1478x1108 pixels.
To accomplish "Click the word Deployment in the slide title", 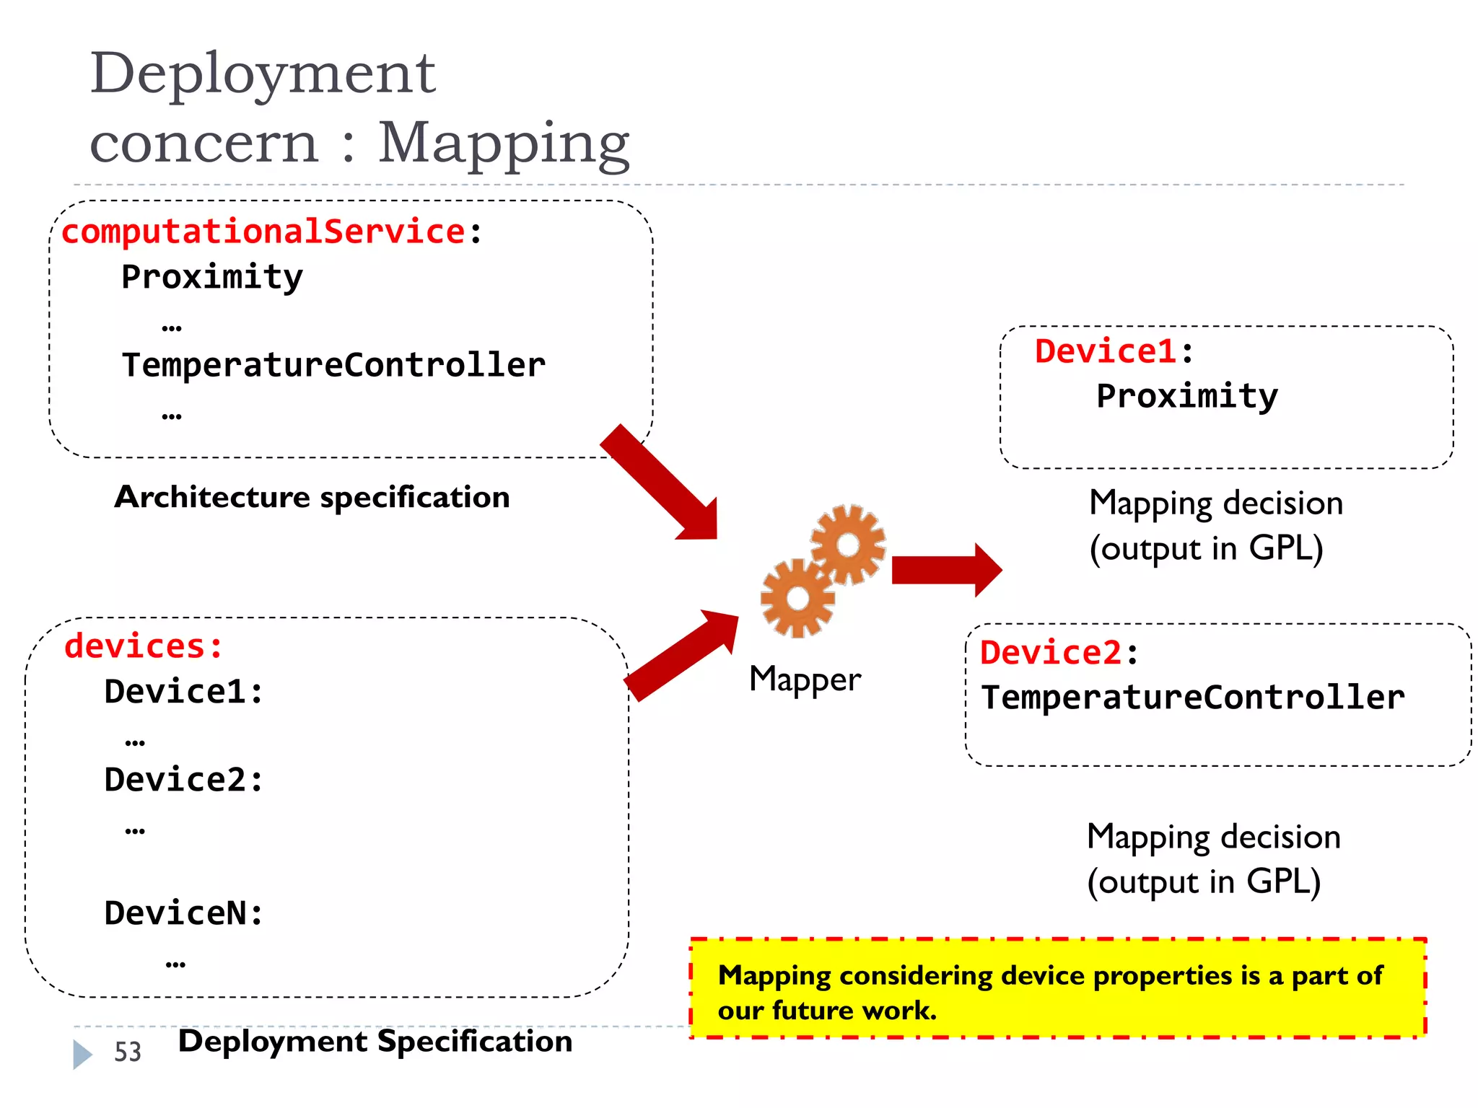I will (263, 75).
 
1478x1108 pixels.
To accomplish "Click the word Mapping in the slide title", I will (504, 143).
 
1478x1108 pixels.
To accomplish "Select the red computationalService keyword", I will (263, 232).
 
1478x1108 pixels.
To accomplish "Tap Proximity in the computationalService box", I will (212, 278).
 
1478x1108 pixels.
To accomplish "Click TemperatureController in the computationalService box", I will (333, 365).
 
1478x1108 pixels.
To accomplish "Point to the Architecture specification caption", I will (312, 498).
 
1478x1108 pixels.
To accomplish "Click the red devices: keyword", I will (144, 646).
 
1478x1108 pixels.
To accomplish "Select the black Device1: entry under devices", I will (184, 692).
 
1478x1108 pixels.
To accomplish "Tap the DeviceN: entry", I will (184, 914).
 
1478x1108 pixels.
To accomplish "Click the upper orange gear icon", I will (847, 544).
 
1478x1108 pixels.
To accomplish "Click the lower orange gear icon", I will (797, 598).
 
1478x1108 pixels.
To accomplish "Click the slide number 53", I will (128, 1052).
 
